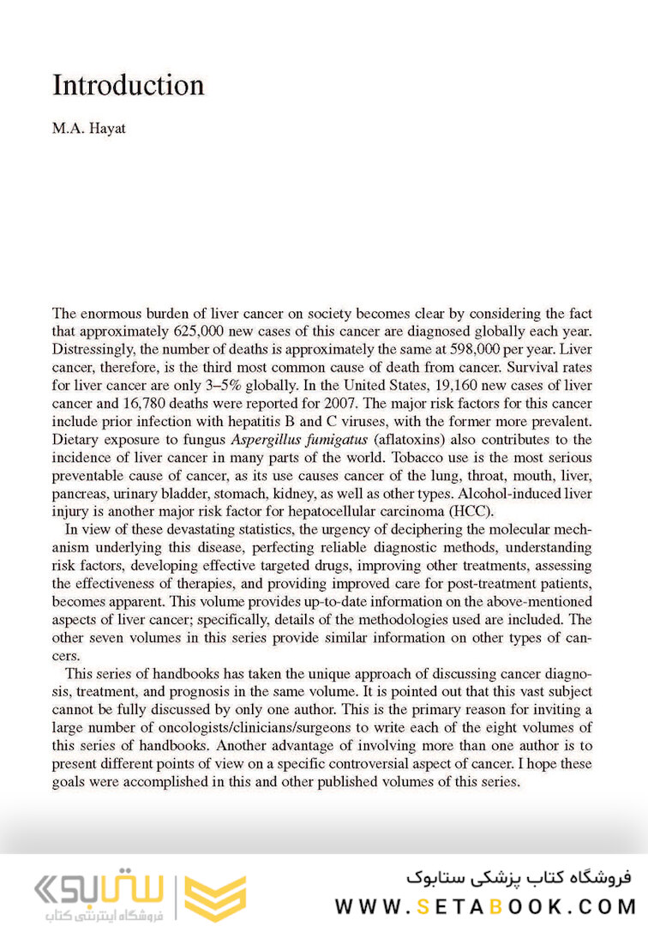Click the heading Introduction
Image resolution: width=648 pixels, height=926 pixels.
(129, 86)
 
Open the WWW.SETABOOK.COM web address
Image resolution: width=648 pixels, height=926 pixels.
(485, 905)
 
